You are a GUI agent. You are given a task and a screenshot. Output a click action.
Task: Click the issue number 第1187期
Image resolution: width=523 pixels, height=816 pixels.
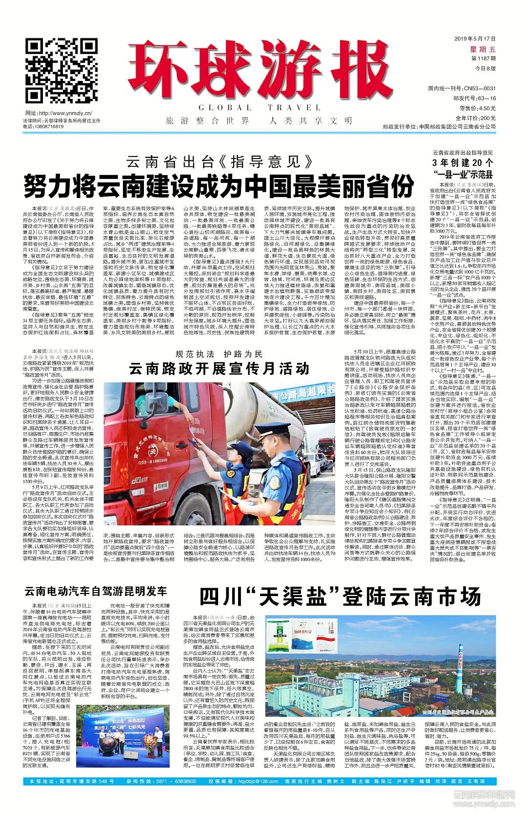[x=483, y=59]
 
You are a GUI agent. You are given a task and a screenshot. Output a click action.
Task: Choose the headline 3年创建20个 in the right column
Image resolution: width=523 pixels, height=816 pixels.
[x=462, y=163]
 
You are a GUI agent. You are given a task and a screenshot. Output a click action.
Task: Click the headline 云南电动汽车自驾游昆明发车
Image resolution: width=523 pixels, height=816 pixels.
[x=96, y=592]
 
